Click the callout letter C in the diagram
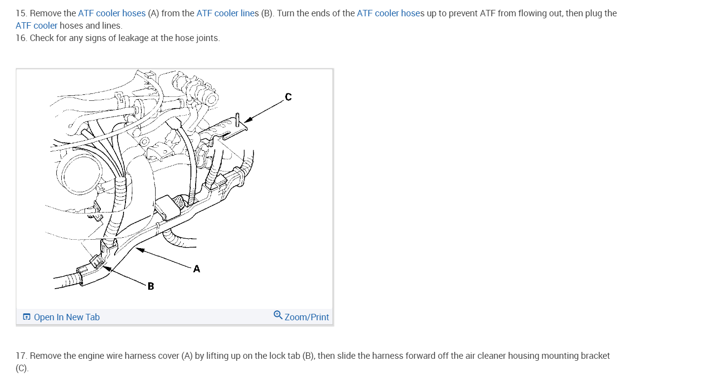tap(289, 97)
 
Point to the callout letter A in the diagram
tap(197, 269)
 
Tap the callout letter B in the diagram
tap(151, 286)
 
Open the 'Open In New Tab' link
tap(67, 317)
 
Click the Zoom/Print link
tap(306, 317)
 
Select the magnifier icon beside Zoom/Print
tap(278, 315)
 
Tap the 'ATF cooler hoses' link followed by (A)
tap(112, 13)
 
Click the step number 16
tap(21, 38)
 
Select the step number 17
tap(21, 356)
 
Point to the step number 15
tap(21, 13)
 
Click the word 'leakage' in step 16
tap(133, 38)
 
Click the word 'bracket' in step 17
tap(595, 356)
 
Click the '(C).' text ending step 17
tap(22, 369)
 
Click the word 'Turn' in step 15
tap(287, 13)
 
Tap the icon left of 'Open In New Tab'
tap(27, 317)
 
